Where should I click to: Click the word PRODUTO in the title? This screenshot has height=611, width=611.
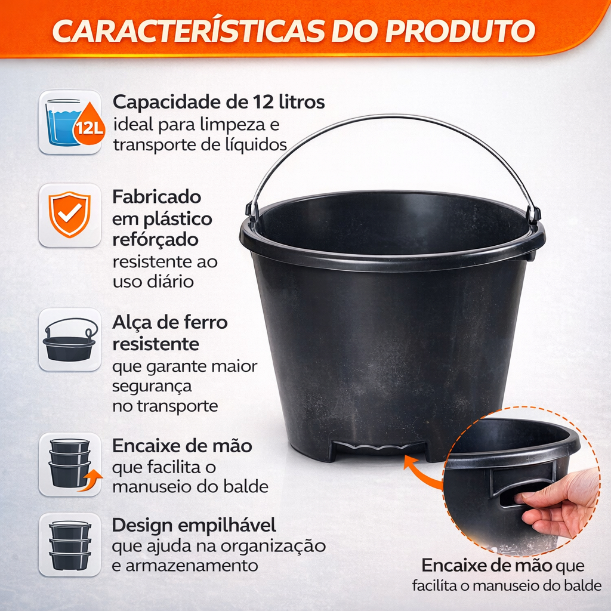tap(460, 31)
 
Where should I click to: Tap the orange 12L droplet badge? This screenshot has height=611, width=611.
tap(90, 125)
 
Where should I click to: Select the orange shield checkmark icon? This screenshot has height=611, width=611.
tap(70, 214)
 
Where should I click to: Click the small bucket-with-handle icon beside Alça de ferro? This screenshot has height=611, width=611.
tap(70, 340)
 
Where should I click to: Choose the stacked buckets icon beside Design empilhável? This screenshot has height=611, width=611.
tap(70, 545)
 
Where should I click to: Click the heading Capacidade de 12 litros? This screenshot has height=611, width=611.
tap(218, 102)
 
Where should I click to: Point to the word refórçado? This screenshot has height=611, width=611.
tap(156, 239)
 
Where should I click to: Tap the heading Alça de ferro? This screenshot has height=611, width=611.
tap(170, 323)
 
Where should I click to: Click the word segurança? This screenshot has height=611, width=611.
tap(152, 387)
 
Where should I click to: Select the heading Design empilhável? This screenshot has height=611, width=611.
tap(194, 525)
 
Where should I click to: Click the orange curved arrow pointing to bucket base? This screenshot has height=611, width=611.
tap(423, 471)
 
